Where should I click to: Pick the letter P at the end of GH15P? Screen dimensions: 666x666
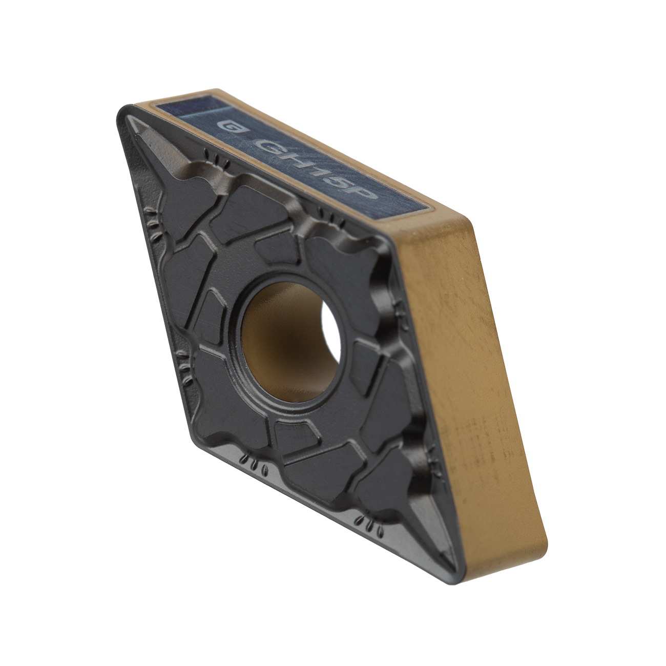[x=365, y=192]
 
